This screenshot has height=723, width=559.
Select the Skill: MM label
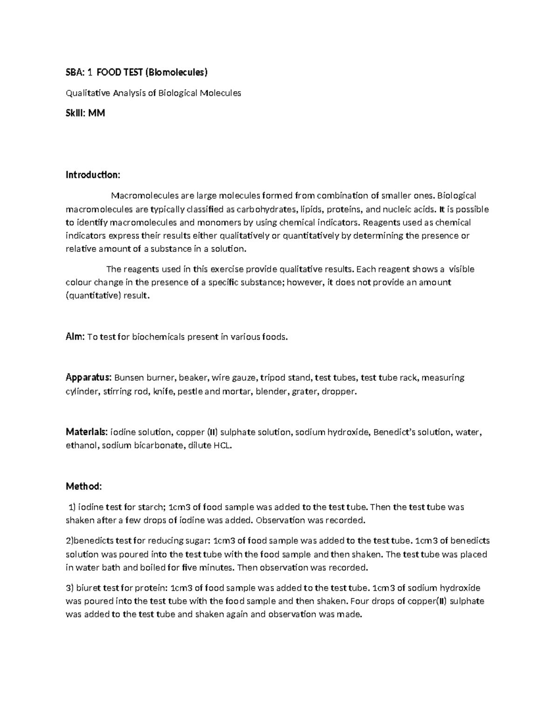click(x=85, y=113)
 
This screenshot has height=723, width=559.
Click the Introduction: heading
click(x=93, y=175)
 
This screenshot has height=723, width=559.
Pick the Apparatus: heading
click(x=89, y=378)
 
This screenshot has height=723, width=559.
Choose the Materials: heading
click(x=87, y=432)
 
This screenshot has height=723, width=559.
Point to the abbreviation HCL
click(x=222, y=446)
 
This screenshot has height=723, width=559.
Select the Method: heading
click(x=83, y=487)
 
